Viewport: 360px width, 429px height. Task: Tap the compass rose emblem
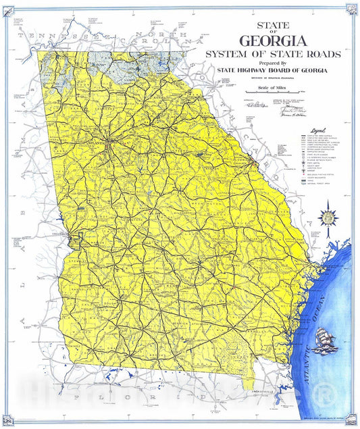click(x=329, y=218)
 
